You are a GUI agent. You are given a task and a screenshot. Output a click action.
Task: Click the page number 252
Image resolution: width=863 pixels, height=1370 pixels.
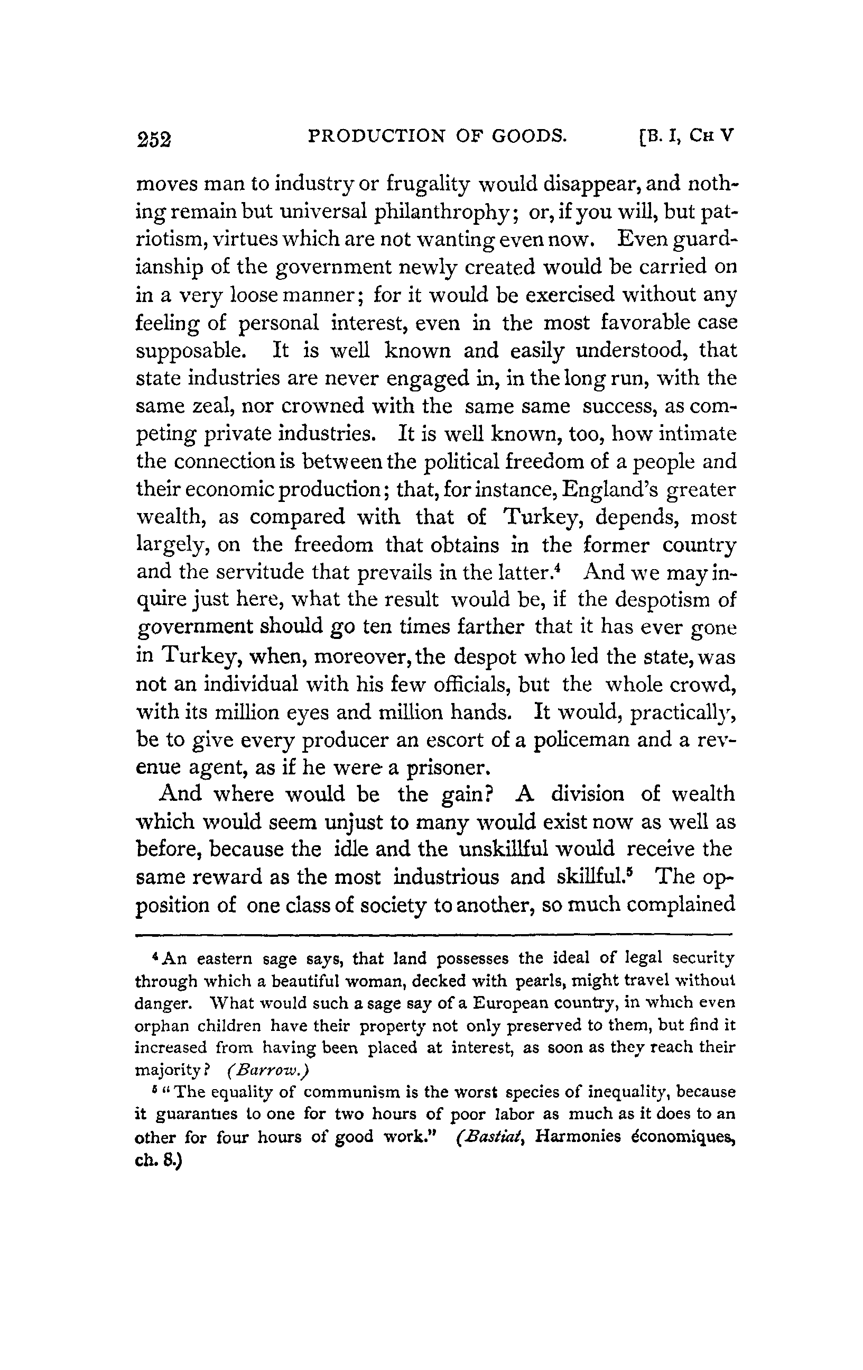(153, 138)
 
